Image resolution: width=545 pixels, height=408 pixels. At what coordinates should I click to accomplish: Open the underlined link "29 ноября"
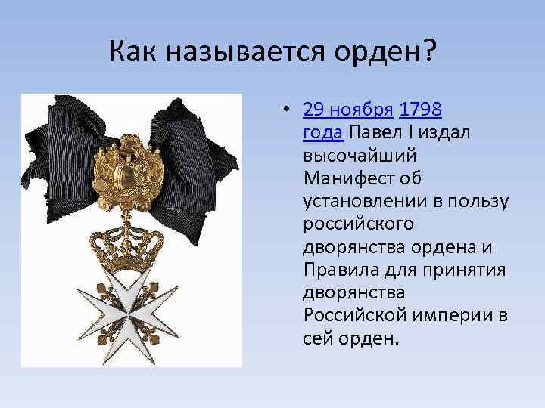[x=347, y=111]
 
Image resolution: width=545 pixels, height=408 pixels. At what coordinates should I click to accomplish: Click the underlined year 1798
[x=421, y=111]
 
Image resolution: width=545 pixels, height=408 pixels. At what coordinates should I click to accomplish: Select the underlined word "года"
[x=323, y=134]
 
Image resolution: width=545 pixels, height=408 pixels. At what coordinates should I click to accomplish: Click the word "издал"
[x=448, y=134]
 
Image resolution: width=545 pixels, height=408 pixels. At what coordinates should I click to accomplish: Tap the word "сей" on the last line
[x=319, y=336]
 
